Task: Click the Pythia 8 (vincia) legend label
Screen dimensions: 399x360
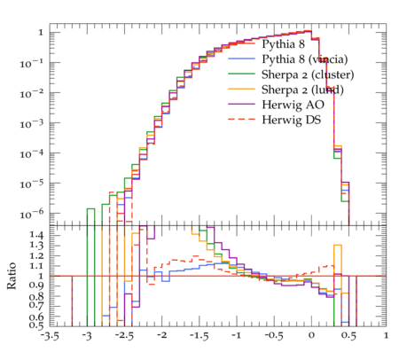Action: [305, 59]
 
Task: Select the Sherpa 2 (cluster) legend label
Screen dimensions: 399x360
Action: [308, 74]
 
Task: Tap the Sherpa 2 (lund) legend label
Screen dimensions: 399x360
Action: [302, 90]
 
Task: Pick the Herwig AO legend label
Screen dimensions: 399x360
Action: [293, 105]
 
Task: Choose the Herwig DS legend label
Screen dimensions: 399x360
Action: [292, 120]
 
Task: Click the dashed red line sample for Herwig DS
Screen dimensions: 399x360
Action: [241, 119]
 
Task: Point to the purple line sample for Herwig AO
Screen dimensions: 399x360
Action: [241, 104]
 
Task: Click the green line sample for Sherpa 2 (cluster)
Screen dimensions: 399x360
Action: [241, 74]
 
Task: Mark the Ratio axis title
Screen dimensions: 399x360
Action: [12, 276]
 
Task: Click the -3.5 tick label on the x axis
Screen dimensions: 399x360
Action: [50, 336]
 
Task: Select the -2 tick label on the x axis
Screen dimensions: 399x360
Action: [161, 336]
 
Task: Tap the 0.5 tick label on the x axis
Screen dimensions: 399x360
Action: [348, 336]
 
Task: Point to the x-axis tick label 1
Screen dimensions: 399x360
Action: [386, 336]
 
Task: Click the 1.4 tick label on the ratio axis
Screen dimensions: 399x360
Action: [36, 235]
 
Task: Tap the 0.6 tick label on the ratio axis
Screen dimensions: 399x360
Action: [36, 317]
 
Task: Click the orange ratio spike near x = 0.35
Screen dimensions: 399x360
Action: [338, 245]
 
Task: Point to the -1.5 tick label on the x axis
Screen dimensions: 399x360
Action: [199, 336]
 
